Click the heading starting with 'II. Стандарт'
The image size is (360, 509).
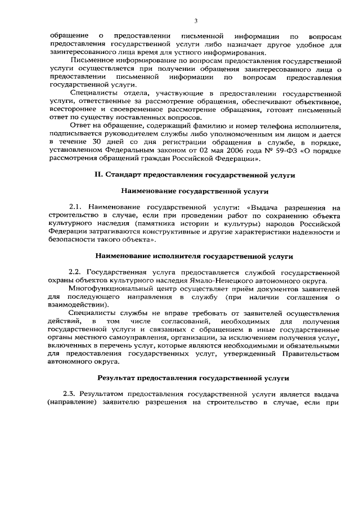(x=195, y=175)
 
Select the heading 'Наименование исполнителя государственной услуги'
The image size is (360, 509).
(x=195, y=256)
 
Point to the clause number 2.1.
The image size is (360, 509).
(x=76, y=208)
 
